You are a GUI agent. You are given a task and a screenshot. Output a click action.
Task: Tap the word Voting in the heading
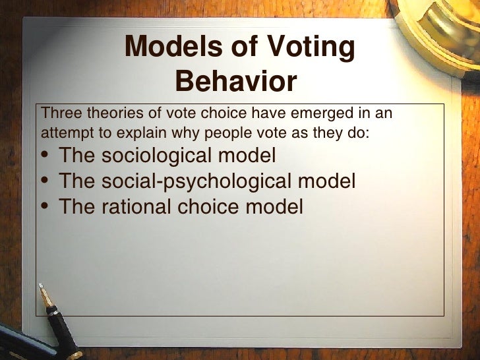[309, 47]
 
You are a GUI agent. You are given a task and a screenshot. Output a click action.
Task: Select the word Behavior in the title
[237, 82]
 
